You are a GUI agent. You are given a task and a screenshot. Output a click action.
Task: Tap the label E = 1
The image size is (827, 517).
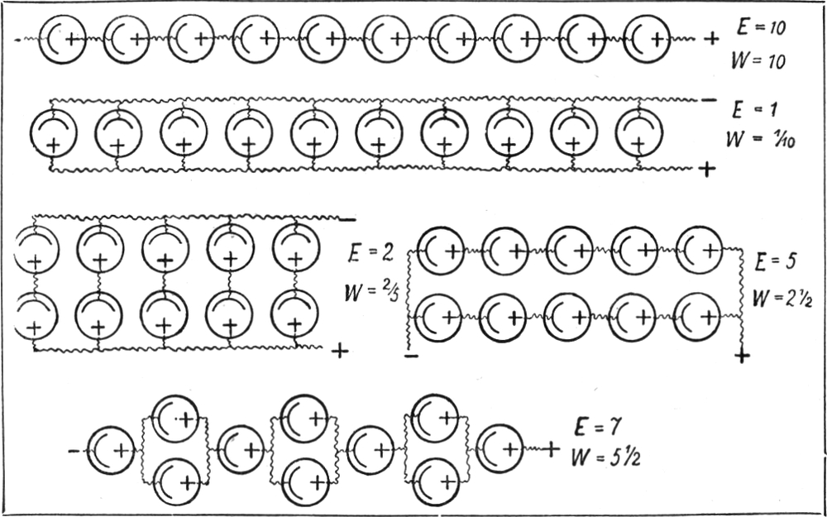pos(753,108)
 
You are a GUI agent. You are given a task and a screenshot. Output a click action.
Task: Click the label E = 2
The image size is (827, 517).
pos(365,253)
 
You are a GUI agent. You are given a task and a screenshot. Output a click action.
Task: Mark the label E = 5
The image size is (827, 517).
pos(774,263)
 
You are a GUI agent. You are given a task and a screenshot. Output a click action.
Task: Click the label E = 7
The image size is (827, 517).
pos(594,427)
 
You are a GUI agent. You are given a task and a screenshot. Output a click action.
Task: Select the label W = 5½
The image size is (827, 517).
pos(605,456)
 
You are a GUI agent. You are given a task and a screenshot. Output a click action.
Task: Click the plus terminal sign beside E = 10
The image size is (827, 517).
pos(709,37)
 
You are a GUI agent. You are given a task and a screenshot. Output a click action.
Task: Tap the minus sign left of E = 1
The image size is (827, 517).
pos(707,101)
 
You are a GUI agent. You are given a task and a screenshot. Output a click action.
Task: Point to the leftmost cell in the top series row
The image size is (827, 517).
pos(63,39)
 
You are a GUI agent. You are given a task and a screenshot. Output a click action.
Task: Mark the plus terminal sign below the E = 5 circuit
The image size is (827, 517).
pos(743,356)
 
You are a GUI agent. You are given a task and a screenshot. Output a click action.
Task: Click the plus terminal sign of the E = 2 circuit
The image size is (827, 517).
pos(339,352)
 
